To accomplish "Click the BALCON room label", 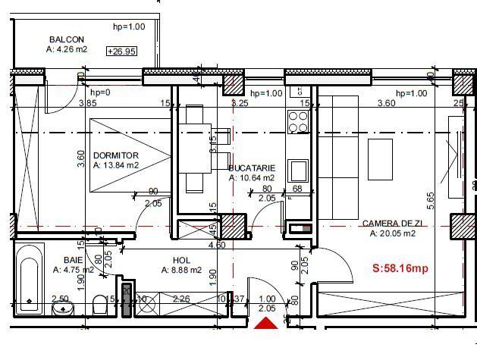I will (x=66, y=39).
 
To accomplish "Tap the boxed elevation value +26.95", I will (x=122, y=52).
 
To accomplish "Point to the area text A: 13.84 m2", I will (x=116, y=164).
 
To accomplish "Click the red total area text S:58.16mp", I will (x=399, y=268).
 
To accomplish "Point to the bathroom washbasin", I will (x=62, y=308).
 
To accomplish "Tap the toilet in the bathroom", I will (x=99, y=305).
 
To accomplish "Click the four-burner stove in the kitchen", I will (x=297, y=121).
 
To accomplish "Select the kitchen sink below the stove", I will (x=297, y=168).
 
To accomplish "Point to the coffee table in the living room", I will (x=380, y=158).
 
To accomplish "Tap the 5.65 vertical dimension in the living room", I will (x=431, y=199).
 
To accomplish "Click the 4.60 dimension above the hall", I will (x=216, y=246).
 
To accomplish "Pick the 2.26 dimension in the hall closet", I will (x=182, y=298).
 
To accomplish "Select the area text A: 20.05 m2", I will (x=393, y=234).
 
